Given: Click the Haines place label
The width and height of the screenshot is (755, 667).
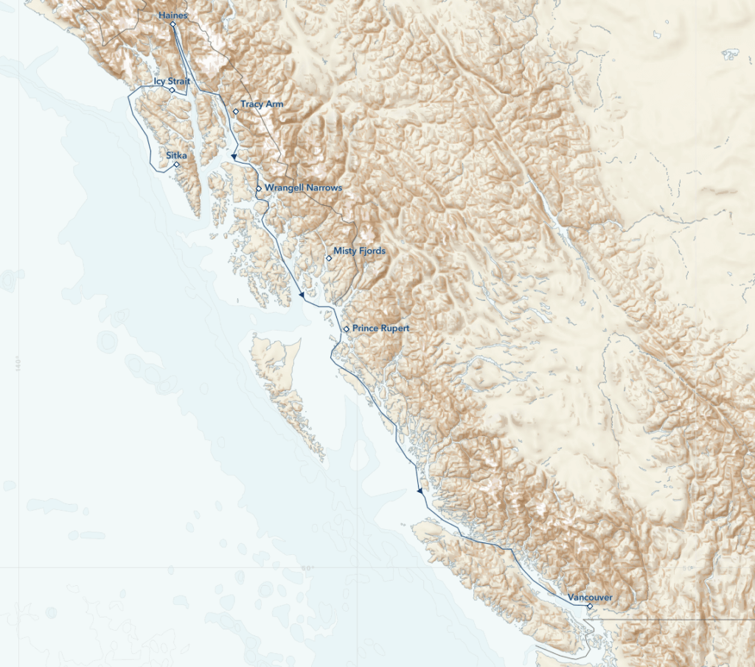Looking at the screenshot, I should pos(173,15).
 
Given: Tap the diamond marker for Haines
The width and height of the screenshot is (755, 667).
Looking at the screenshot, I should pos(173,24).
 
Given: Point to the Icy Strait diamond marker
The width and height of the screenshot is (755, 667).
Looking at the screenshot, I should pos(173,90).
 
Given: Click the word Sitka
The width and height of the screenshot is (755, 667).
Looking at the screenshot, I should pos(176,155).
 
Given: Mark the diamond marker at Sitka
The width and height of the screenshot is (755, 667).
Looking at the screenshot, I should pos(177,165).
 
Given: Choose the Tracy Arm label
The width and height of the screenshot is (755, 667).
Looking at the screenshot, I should pos(262,104).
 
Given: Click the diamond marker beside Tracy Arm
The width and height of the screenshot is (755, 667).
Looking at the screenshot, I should pos(236,112).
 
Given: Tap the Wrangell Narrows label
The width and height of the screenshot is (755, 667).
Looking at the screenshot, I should pos(303,188).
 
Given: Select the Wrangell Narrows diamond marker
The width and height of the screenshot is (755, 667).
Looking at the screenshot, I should pos(259,189).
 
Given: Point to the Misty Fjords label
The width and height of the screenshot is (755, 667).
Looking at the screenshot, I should pos(359,251).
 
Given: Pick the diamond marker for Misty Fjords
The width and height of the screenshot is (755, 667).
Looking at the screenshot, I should pos(329,258).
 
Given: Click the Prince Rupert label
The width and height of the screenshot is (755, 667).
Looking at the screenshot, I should pos(380,328).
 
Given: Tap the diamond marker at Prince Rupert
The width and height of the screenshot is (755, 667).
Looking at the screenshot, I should pos(347,328).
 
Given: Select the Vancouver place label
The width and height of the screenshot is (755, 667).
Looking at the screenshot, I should pos(590,597).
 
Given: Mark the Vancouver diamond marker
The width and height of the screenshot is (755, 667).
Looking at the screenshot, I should pos(590,606).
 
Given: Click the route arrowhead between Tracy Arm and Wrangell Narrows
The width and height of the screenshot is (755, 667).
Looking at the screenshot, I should pos(234,156).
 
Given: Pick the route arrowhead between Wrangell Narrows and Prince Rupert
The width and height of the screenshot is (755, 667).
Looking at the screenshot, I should pos(302,295).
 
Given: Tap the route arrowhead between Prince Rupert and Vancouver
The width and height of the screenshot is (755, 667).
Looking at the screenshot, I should pos(420,491).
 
